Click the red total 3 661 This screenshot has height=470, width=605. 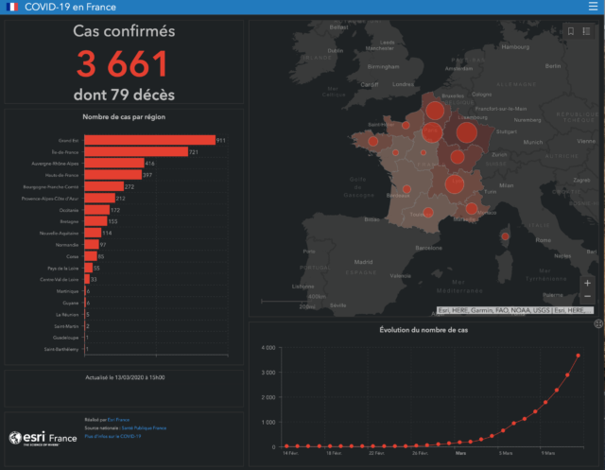(124, 63)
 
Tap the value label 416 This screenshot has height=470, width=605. (150, 164)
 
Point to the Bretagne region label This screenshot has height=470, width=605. (69, 221)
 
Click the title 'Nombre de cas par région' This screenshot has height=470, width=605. (124, 117)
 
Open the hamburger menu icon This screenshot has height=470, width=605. (592, 7)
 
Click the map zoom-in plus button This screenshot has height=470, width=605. (588, 283)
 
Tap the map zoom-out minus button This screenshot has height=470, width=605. (588, 296)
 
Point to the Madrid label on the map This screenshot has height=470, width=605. (337, 261)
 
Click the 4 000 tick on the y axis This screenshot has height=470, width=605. (268, 348)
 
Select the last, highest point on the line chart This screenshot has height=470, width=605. (578, 356)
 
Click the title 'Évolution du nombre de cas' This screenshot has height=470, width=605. (423, 330)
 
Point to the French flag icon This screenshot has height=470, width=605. (12, 7)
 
